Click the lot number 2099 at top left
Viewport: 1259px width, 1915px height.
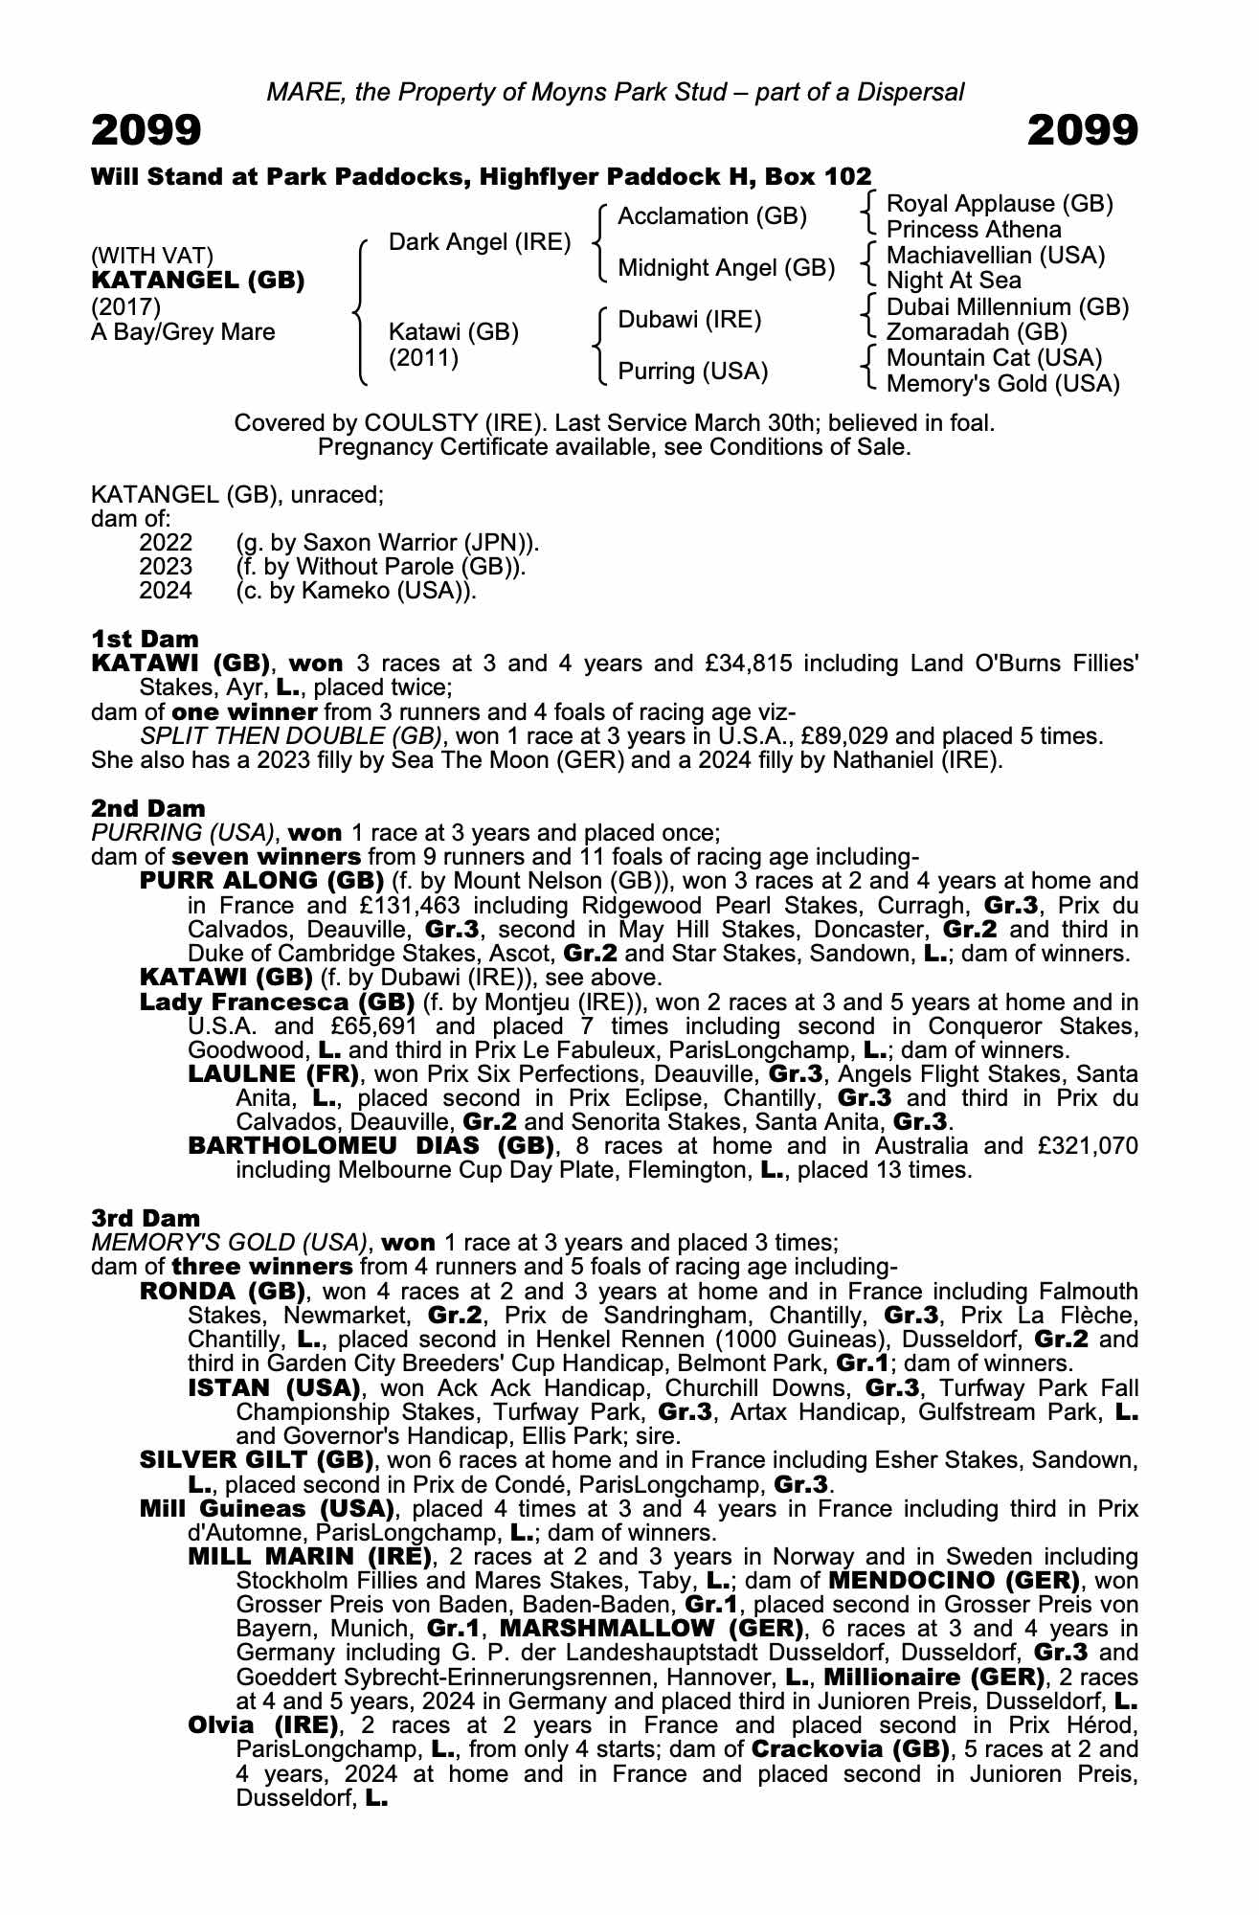[146, 131]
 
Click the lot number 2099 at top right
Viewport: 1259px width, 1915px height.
[1083, 131]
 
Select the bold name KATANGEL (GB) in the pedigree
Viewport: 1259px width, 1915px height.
[198, 281]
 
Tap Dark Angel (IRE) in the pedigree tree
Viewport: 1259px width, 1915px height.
[480, 242]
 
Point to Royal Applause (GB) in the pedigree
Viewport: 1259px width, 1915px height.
[1000, 204]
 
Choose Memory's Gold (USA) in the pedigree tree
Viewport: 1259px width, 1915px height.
[1002, 384]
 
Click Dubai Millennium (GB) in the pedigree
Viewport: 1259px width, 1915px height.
[1007, 307]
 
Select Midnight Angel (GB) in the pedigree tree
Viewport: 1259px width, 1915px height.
[727, 268]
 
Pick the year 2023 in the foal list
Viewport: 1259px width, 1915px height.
[166, 567]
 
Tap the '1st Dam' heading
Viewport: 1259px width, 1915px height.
[146, 639]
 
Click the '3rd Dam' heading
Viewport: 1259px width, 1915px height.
[146, 1218]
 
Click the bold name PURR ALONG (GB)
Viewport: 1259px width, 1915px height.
[261, 881]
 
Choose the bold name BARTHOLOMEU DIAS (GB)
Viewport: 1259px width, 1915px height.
[371, 1146]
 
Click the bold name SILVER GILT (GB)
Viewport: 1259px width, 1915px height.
[256, 1460]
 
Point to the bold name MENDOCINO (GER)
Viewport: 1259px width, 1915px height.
[954, 1580]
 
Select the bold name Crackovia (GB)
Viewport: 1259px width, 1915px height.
[850, 1749]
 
